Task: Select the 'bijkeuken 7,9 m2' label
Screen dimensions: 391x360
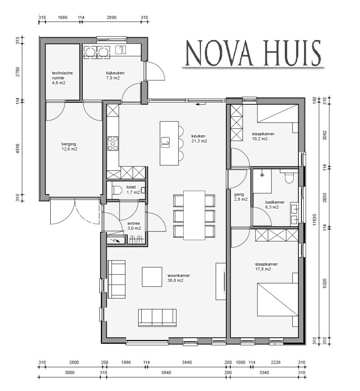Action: point(113,76)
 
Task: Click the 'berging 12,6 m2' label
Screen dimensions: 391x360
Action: point(69,147)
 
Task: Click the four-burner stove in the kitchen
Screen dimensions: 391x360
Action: point(113,144)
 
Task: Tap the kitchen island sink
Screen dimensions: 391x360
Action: point(166,142)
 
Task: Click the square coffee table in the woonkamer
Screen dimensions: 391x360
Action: point(152,277)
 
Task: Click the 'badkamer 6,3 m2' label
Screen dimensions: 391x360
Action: point(272,204)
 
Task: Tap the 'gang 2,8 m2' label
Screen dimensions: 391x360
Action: point(241,197)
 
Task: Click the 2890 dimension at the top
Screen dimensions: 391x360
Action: point(112,18)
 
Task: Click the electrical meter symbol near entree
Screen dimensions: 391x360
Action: point(115,239)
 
